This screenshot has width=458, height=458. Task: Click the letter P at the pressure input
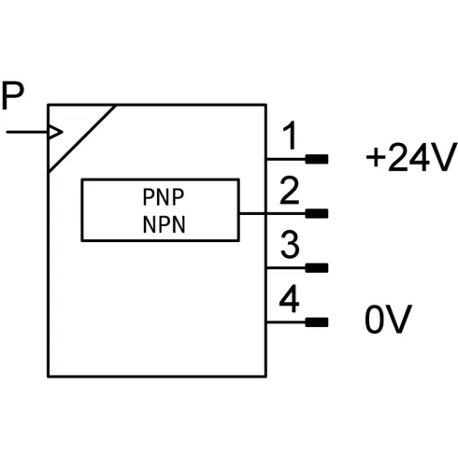(x=13, y=95)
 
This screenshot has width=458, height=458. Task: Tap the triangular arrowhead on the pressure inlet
(x=56, y=132)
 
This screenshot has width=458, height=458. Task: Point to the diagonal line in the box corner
(x=82, y=138)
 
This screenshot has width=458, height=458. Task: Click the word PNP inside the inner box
(x=164, y=197)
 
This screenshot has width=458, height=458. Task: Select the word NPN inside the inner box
(x=164, y=224)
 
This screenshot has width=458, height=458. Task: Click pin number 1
(x=290, y=136)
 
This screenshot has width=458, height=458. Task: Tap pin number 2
(x=290, y=191)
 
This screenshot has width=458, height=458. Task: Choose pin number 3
(x=290, y=245)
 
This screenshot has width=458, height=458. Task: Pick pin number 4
(x=290, y=298)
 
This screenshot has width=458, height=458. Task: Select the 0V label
(x=389, y=319)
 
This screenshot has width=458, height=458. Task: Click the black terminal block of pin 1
(x=317, y=159)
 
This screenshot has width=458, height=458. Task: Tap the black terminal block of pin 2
(x=317, y=214)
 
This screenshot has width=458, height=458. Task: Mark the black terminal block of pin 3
(x=317, y=268)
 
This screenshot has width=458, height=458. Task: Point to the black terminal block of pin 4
(x=317, y=322)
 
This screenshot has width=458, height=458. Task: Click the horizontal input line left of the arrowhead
(x=28, y=132)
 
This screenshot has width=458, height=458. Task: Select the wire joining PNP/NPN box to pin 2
(x=272, y=214)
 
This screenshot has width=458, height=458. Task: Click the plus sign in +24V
(x=375, y=158)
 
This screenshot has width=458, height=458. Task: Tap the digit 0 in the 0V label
(x=375, y=320)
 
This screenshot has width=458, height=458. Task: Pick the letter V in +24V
(x=443, y=157)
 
